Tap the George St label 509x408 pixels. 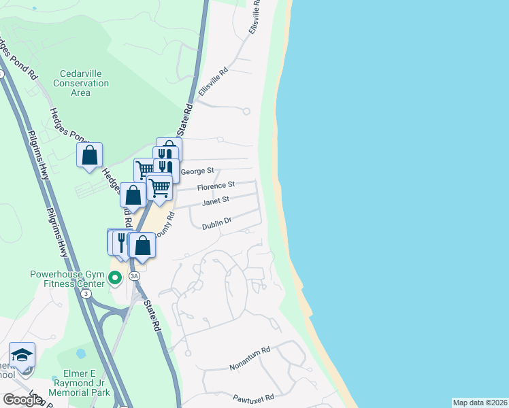point(201,169)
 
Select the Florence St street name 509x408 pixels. point(216,185)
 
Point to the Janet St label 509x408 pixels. point(216,201)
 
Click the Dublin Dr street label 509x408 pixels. point(217,220)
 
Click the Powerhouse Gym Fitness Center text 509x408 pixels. point(67,279)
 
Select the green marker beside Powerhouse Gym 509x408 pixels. point(115,278)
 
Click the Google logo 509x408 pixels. point(22,400)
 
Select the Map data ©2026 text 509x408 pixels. point(480,403)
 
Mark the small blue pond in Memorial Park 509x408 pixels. point(81,354)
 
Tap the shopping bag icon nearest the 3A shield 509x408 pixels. point(142,245)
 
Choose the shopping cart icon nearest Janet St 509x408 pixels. point(159,186)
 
